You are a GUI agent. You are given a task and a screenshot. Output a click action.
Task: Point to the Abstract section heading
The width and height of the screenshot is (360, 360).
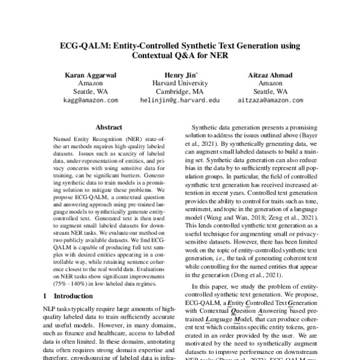109,128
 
